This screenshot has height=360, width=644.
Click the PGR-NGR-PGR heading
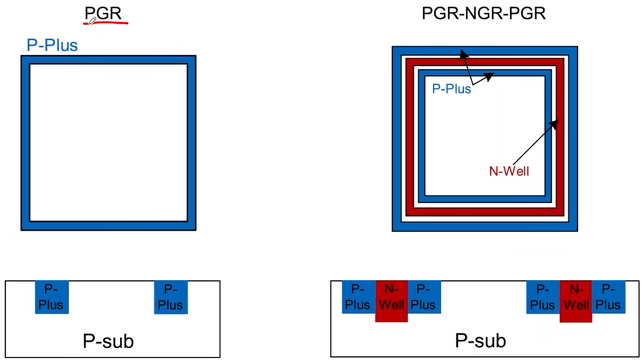click(x=484, y=13)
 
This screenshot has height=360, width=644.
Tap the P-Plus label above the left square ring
click(x=52, y=45)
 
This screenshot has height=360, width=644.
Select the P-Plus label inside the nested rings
click(x=451, y=89)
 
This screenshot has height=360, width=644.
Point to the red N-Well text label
click(x=509, y=172)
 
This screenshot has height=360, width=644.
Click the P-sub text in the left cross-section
click(x=108, y=341)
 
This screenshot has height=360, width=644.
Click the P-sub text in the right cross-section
click(x=480, y=340)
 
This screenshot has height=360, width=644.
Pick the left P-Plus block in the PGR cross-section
click(x=52, y=297)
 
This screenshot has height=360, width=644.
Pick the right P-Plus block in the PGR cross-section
click(x=171, y=297)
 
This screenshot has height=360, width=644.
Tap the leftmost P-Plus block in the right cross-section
click(x=358, y=297)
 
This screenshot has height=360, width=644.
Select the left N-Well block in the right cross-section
click(x=392, y=301)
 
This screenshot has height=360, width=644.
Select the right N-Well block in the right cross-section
click(x=576, y=301)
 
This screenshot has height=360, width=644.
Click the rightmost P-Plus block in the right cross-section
click(x=609, y=297)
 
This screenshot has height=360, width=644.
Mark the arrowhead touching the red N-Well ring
click(x=555, y=124)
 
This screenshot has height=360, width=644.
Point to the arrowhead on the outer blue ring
click(x=462, y=53)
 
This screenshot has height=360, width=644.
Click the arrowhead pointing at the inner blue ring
click(x=491, y=76)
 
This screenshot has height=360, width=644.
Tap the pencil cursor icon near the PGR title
click(x=93, y=20)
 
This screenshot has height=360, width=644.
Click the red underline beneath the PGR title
click(x=107, y=24)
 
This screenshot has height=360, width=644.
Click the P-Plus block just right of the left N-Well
click(x=424, y=297)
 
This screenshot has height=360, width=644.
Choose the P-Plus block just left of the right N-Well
click(x=543, y=297)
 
